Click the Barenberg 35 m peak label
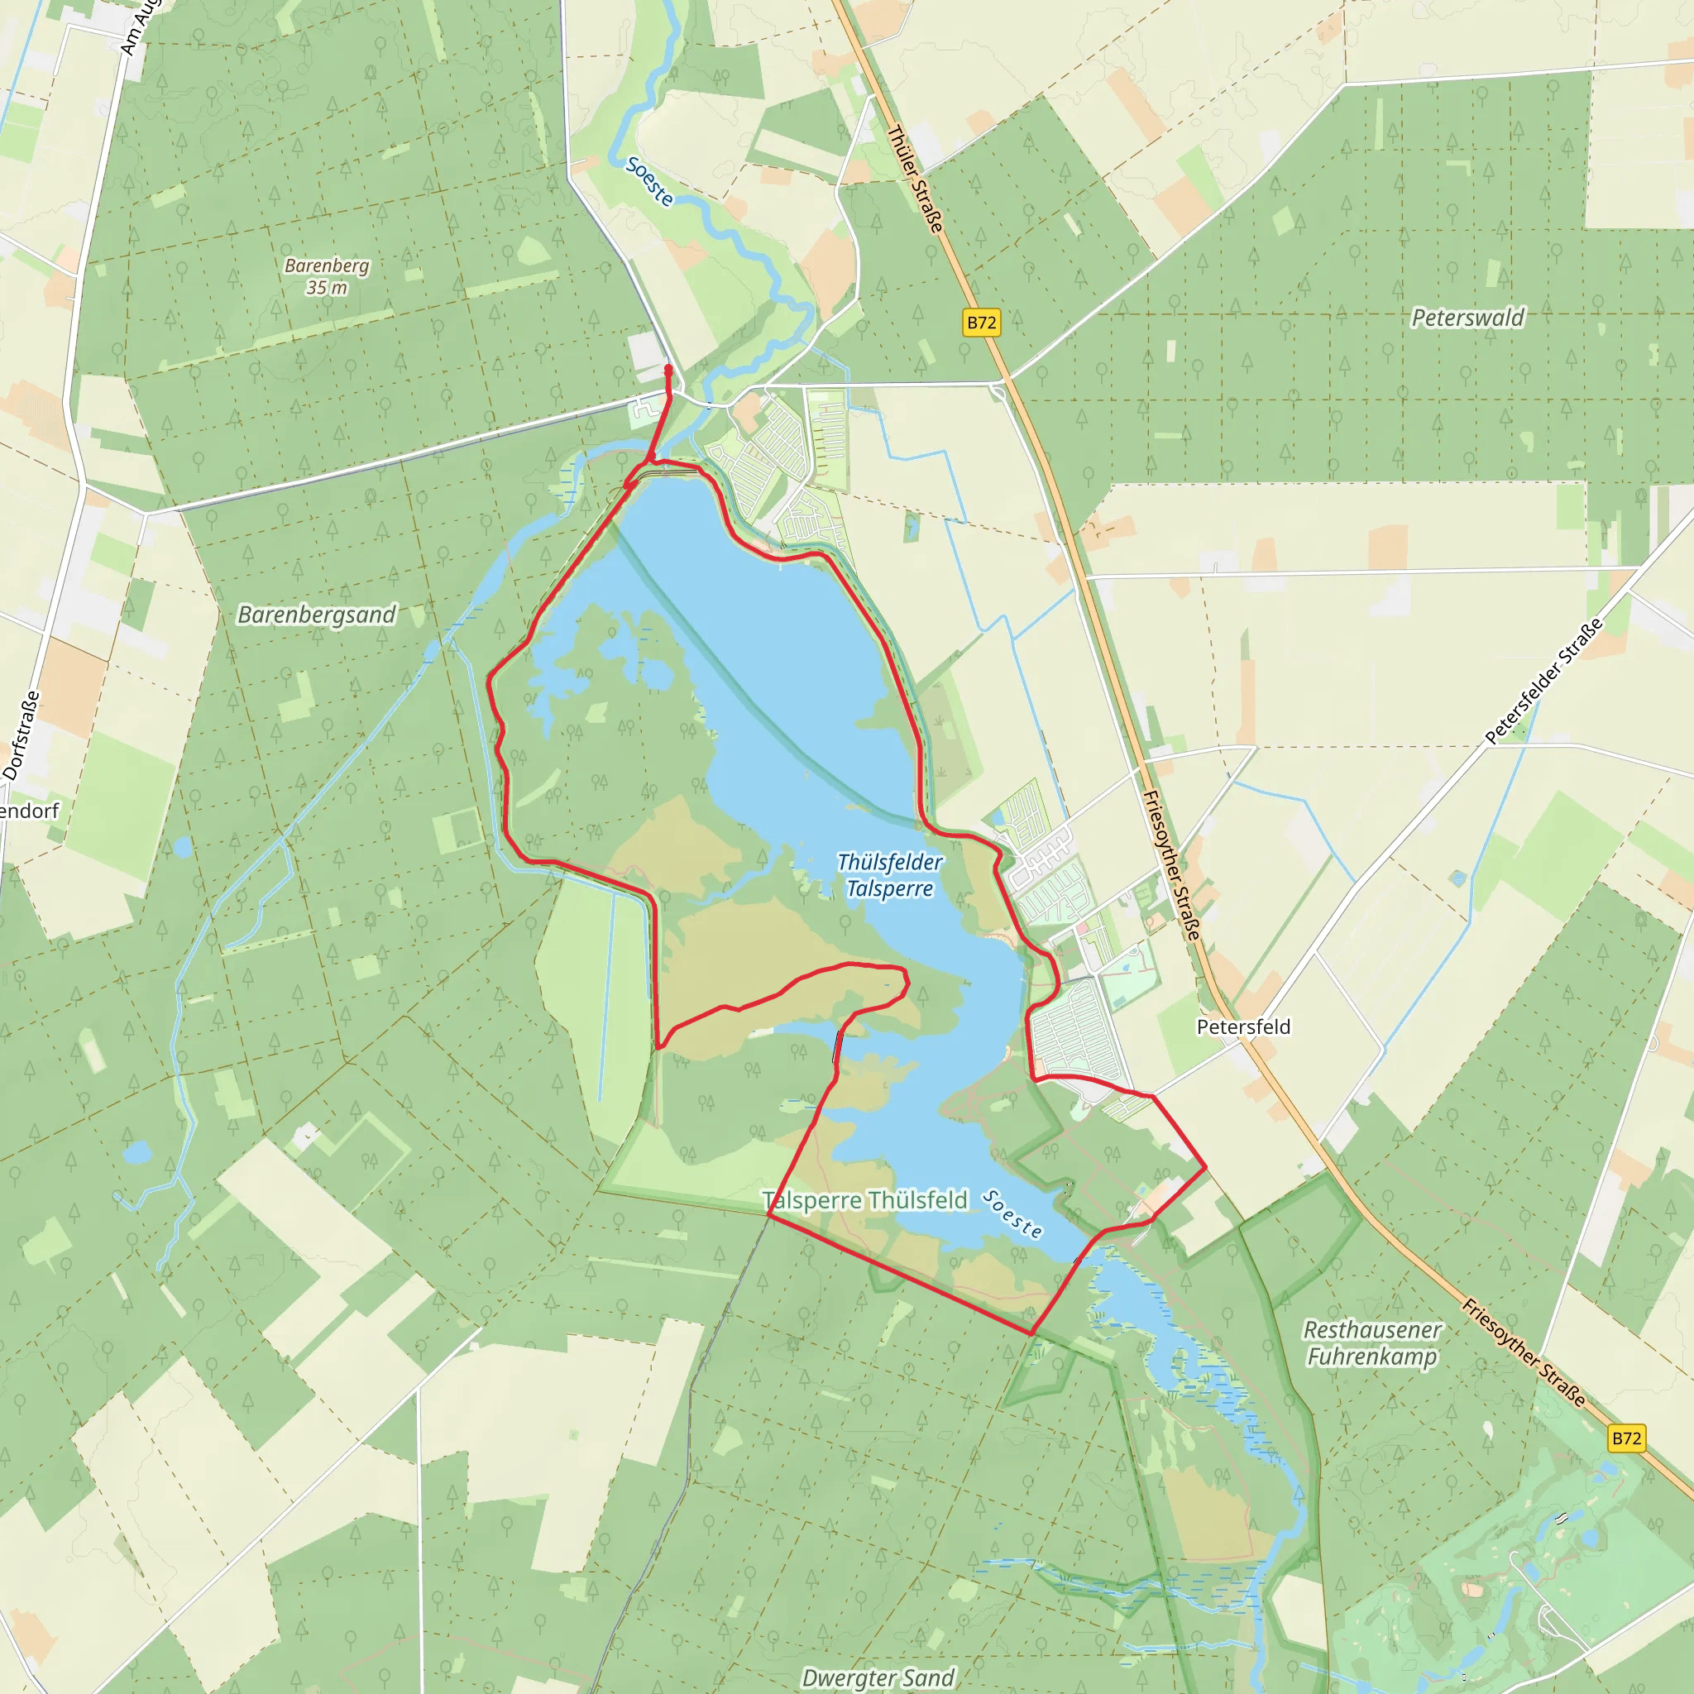tap(326, 275)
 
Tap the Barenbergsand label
tap(317, 615)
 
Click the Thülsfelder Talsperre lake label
tap(889, 875)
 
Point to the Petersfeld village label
tap(1243, 1026)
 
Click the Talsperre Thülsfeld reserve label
tap(864, 1199)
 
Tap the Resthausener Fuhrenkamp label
tap(1372, 1342)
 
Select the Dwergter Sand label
tap(878, 1677)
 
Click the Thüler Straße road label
tap(916, 179)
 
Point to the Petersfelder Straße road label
tap(1543, 681)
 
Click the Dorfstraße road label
tap(21, 735)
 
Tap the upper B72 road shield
tap(981, 323)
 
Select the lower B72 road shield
tap(1626, 1438)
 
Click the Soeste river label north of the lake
tap(649, 181)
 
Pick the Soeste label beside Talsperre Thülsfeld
tap(1012, 1214)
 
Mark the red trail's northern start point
tap(669, 369)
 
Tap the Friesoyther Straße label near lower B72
tap(1523, 1354)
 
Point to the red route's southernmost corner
tap(1031, 1333)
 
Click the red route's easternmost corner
tap(1207, 1167)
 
